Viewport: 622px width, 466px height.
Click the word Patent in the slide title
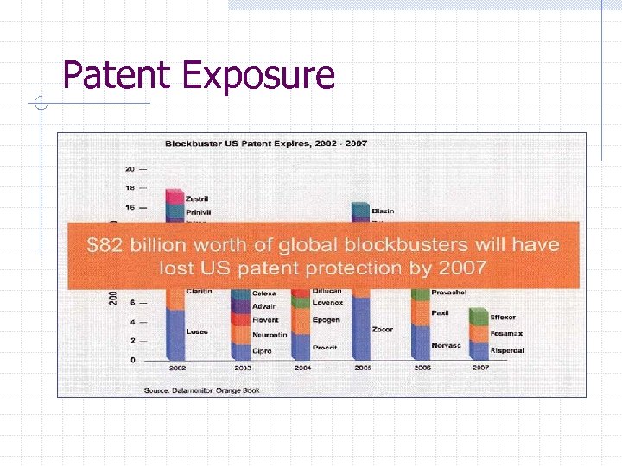click(117, 76)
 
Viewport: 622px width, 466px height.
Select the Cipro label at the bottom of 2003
click(262, 351)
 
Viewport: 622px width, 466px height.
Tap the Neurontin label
click(269, 334)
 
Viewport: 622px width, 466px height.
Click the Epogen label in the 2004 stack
click(327, 320)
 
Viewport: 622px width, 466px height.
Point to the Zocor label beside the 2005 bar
click(383, 330)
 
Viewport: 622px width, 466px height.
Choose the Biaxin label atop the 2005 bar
click(384, 211)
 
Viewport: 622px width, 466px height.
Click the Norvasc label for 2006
click(446, 345)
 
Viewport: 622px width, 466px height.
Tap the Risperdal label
click(507, 350)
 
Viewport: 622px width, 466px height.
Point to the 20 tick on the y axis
click(130, 169)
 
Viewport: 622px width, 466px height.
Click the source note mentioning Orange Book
click(202, 390)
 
